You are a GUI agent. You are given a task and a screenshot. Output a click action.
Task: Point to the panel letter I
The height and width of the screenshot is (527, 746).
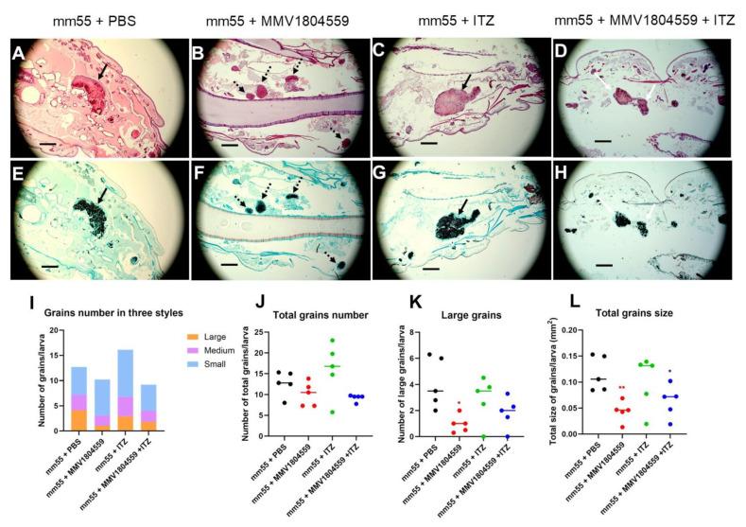pyautogui.click(x=11, y=301)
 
